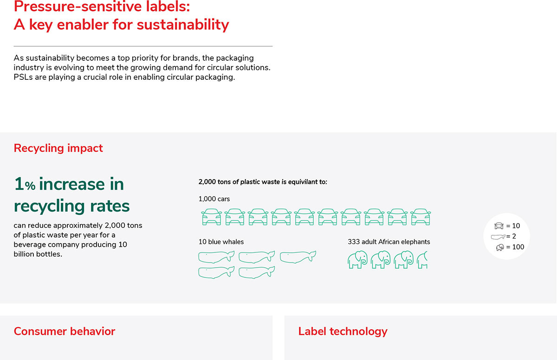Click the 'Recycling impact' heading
58,148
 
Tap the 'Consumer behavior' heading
65,331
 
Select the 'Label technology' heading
343,331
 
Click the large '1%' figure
24,184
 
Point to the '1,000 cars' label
214,199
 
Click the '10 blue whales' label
221,242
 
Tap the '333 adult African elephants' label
389,242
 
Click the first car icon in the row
211,217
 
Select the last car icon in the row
421,217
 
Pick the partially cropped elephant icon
422,260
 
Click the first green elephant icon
357,260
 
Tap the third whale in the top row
298,257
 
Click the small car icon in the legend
499,226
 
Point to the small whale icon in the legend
498,237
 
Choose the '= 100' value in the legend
515,247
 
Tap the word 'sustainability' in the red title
183,25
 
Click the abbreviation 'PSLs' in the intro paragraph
23,77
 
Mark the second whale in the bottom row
257,272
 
